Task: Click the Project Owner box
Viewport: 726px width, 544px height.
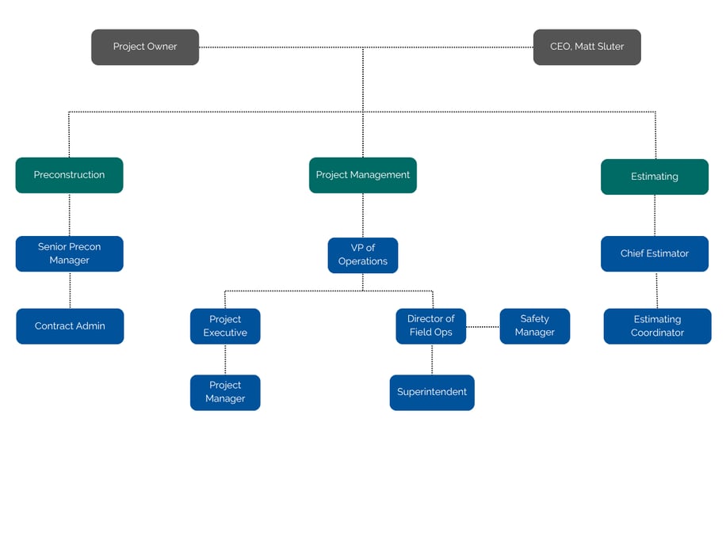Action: pos(145,47)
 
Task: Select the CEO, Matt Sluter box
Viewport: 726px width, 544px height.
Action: pos(587,47)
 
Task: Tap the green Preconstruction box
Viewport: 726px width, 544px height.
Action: pos(69,175)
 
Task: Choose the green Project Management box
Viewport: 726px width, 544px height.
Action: pos(362,175)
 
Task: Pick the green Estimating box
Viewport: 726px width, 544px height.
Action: pos(654,177)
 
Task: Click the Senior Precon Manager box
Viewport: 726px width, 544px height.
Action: pos(69,253)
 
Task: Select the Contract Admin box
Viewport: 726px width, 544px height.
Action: pos(70,326)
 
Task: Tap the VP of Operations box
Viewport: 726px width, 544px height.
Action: pos(362,255)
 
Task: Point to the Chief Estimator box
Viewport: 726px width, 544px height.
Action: pos(654,253)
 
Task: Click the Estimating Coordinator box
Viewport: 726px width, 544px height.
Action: pos(657,326)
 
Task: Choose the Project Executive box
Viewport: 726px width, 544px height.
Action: pos(225,326)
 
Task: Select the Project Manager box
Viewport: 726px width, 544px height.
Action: pos(225,392)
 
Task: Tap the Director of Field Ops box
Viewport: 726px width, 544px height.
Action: pos(431,326)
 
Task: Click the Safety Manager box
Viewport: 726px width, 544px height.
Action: pos(534,326)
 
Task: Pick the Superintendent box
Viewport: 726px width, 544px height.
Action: pos(432,392)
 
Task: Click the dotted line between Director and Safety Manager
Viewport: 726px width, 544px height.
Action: pos(483,326)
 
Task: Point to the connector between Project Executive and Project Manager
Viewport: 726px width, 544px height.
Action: pos(225,359)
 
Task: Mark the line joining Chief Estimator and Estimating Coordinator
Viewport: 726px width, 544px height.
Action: pos(656,290)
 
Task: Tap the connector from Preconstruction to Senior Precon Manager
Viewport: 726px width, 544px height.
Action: pos(70,215)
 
